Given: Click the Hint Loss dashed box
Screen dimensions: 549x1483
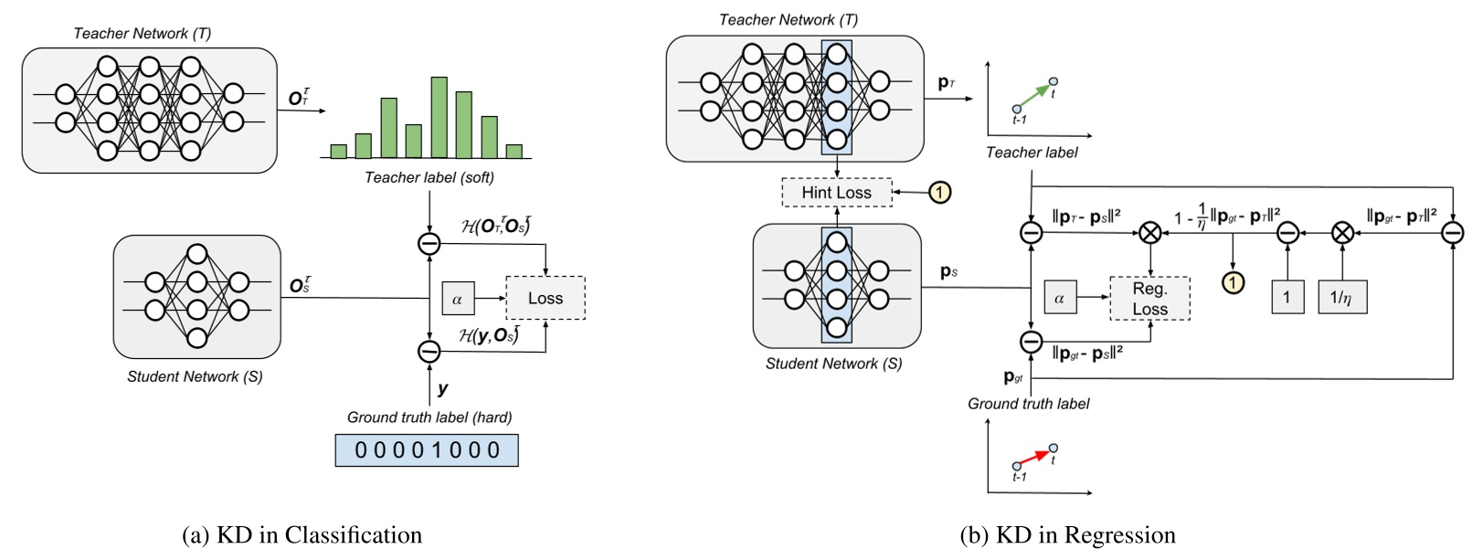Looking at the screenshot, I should (836, 192).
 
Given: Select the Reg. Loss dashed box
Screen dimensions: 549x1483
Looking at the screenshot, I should (1149, 299).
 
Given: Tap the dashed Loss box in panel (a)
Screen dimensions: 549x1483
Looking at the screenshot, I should (545, 299).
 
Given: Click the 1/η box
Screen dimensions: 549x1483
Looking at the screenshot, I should (1341, 298).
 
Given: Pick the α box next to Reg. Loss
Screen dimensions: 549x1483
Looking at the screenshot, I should (1059, 298).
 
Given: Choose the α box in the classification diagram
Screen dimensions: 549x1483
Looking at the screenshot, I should (457, 299).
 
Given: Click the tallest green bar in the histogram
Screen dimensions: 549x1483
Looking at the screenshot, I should (439, 118).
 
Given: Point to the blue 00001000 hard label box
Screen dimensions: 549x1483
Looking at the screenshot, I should (427, 450).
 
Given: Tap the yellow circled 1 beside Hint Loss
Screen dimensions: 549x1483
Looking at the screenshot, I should (939, 192).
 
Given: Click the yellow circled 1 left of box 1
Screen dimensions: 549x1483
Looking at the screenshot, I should (1234, 282).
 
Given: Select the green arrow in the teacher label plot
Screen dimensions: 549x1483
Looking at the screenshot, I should (1033, 95).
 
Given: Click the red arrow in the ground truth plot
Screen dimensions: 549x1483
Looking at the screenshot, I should (1034, 457).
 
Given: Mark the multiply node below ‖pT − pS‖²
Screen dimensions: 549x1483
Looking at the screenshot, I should (1150, 233).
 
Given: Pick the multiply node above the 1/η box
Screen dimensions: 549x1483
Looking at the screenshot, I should (1341, 233).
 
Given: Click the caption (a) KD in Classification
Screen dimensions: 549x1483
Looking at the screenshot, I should (302, 534).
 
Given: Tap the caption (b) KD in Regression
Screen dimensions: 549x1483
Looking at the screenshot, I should (1067, 534).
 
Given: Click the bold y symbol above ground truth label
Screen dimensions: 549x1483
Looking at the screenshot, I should (443, 388).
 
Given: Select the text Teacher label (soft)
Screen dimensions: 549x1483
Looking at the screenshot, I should (429, 177).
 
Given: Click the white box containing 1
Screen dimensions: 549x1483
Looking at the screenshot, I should (1287, 298).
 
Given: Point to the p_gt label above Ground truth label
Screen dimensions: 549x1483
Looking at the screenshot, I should (1012, 377).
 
